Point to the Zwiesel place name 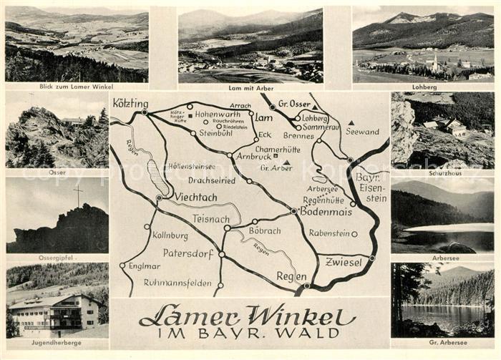(x=344, y=262)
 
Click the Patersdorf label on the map (x=188, y=253)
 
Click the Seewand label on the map (x=362, y=132)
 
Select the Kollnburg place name (x=170, y=235)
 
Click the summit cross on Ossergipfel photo (x=78, y=193)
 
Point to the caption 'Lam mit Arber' (x=250, y=87)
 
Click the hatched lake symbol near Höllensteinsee (x=158, y=177)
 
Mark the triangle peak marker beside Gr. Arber (x=286, y=163)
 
